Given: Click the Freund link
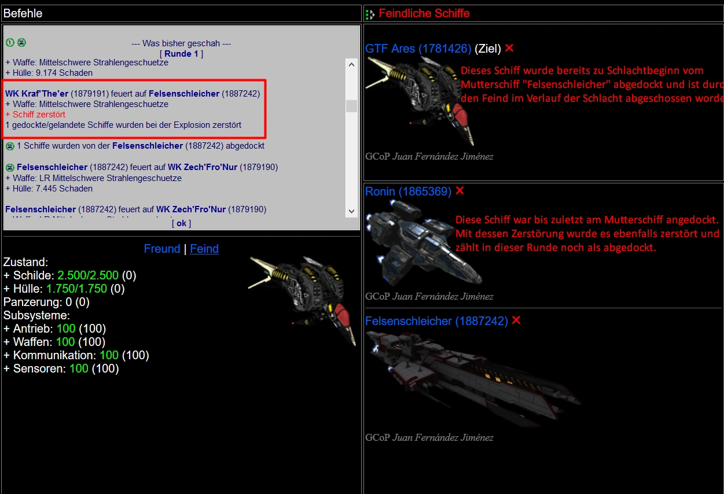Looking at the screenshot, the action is [x=162, y=249].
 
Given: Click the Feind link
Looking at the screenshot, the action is [x=204, y=249].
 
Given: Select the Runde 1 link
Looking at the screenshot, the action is [x=181, y=54].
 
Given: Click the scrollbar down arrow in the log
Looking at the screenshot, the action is [x=351, y=212].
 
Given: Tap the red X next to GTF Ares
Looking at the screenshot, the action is [x=509, y=48].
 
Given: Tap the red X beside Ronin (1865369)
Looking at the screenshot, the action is [x=460, y=191].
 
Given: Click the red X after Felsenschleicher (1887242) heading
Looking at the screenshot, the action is [x=516, y=320].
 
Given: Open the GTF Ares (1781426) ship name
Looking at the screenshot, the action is [x=418, y=49].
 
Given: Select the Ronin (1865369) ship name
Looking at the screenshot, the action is [x=408, y=191].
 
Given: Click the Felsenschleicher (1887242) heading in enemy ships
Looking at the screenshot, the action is [x=436, y=321].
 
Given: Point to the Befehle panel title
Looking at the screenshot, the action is [x=23, y=13].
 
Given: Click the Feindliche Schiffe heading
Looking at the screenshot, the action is [x=424, y=13].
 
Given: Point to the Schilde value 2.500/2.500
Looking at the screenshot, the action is [x=89, y=275].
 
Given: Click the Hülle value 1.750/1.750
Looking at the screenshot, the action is [x=84, y=289].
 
